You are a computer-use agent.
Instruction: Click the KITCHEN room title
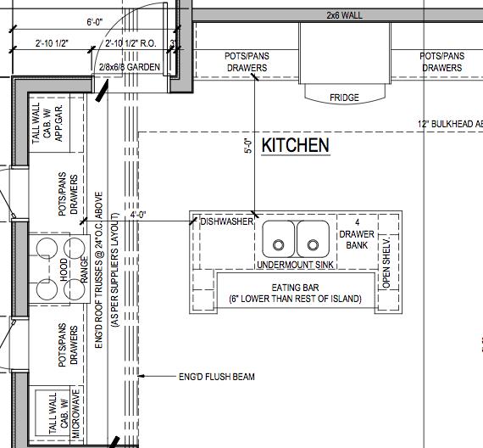pyautogui.click(x=296, y=145)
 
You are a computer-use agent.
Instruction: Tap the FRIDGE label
pyautogui.click(x=344, y=98)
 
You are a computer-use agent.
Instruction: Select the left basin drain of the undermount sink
pyautogui.click(x=279, y=245)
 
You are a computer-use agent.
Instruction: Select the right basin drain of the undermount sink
pyautogui.click(x=313, y=245)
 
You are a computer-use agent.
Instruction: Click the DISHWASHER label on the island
pyautogui.click(x=227, y=221)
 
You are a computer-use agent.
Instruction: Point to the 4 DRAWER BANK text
pyautogui.click(x=357, y=234)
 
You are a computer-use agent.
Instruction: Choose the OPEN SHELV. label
pyautogui.click(x=386, y=262)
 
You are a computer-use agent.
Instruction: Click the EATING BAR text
pyautogui.click(x=295, y=288)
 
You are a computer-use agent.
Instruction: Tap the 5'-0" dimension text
pyautogui.click(x=248, y=146)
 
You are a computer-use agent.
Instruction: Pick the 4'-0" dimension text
pyautogui.click(x=137, y=215)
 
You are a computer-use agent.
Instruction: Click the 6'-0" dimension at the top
pyautogui.click(x=95, y=22)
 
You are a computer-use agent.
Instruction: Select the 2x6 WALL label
pyautogui.click(x=344, y=15)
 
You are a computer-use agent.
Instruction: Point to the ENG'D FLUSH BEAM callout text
pyautogui.click(x=217, y=377)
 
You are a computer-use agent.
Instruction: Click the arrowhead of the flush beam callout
pyautogui.click(x=141, y=376)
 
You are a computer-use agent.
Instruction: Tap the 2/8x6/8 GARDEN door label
pyautogui.click(x=130, y=67)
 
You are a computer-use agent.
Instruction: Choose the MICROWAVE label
pyautogui.click(x=75, y=413)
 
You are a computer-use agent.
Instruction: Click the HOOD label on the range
pyautogui.click(x=64, y=270)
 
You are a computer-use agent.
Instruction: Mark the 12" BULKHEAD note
pyautogui.click(x=450, y=124)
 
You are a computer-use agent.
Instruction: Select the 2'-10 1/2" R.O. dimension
pyautogui.click(x=130, y=43)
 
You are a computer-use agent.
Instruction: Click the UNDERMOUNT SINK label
pyautogui.click(x=295, y=265)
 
